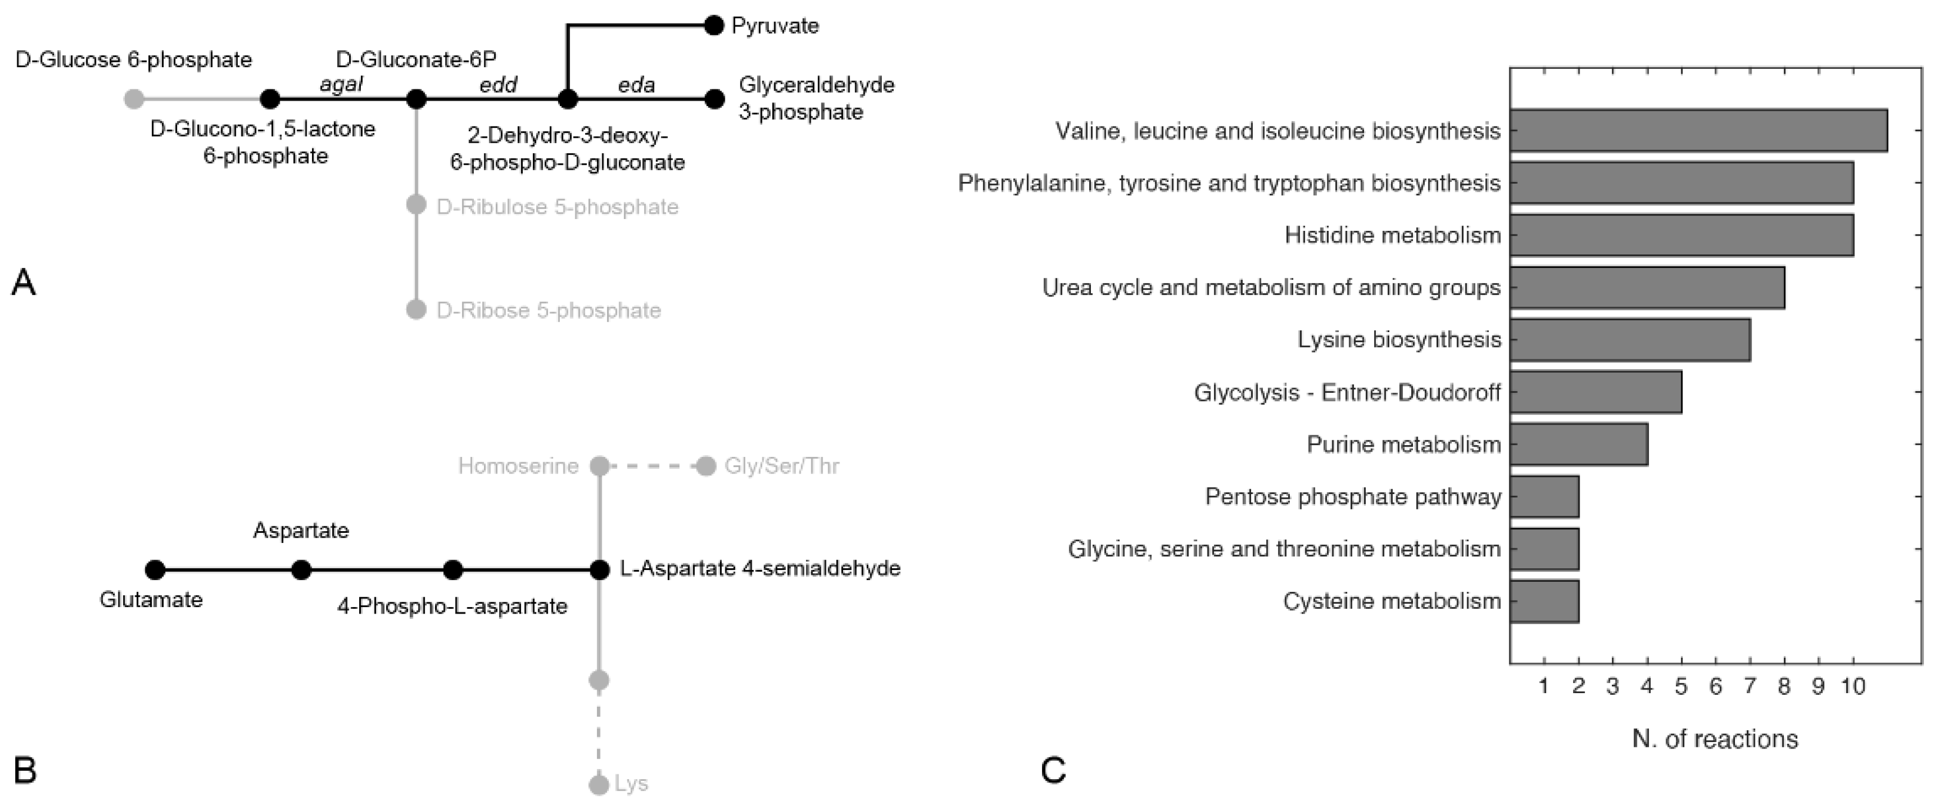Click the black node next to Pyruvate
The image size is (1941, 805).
click(x=714, y=26)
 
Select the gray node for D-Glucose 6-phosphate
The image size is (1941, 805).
click(x=134, y=99)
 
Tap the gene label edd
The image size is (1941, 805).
click(x=499, y=85)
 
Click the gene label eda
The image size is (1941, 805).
click(x=637, y=85)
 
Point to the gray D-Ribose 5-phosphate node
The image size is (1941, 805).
click(x=416, y=309)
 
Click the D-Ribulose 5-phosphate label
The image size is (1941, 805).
click(x=558, y=207)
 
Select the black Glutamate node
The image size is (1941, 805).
click(x=155, y=570)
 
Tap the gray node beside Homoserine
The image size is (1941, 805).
click(x=599, y=466)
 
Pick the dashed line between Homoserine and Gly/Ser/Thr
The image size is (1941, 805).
click(x=652, y=466)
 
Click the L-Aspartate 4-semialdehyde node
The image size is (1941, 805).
click(x=599, y=570)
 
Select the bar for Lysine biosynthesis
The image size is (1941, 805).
click(x=1629, y=340)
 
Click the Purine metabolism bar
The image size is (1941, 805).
click(x=1578, y=444)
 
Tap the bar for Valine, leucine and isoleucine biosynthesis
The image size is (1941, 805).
click(x=1698, y=130)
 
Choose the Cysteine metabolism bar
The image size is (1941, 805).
click(x=1544, y=601)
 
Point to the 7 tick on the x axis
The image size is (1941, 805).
click(x=1750, y=687)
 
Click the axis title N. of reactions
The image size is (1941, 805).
click(x=1715, y=738)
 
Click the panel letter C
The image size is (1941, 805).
click(x=1053, y=770)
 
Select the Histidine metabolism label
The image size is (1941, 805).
click(x=1392, y=235)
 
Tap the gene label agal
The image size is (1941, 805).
click(x=341, y=85)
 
